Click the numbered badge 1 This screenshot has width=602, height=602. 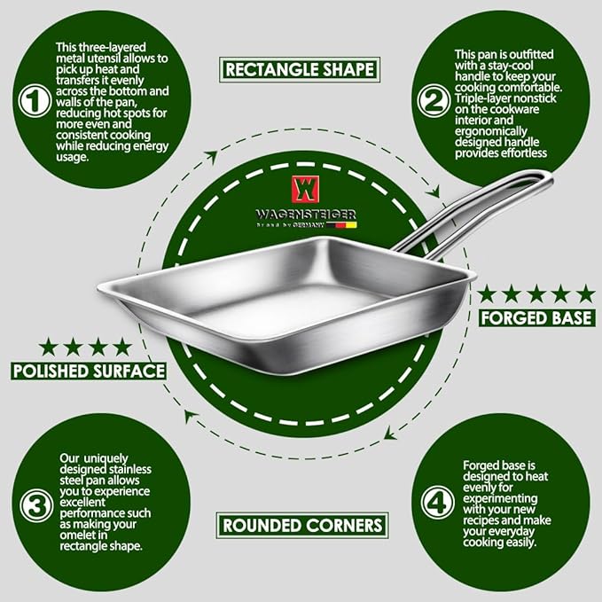tap(35, 101)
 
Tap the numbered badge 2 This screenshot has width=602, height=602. tap(434, 101)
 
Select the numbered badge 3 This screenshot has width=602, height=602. tap(36, 505)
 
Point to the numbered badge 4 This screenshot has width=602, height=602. tap(438, 502)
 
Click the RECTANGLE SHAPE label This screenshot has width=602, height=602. tap(300, 69)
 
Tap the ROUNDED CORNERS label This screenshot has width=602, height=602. tap(302, 525)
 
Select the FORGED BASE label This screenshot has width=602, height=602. tap(536, 318)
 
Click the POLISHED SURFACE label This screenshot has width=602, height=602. tap(89, 371)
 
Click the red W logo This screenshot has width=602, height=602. tap(305, 189)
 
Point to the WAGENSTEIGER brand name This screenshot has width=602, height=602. tap(306, 215)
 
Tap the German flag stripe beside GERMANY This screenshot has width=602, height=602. tap(341, 225)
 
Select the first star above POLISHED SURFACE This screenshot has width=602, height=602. tap(49, 347)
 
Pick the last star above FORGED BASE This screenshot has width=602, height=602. tap(585, 293)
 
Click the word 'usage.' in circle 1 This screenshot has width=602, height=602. tap(72, 157)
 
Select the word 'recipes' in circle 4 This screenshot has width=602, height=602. tap(481, 520)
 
